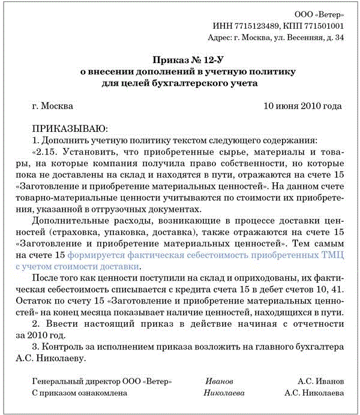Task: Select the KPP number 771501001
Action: pos(323,26)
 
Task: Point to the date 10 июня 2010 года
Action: pos(302,106)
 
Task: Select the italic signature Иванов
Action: pos(219,381)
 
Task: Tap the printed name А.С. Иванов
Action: pos(320,381)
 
